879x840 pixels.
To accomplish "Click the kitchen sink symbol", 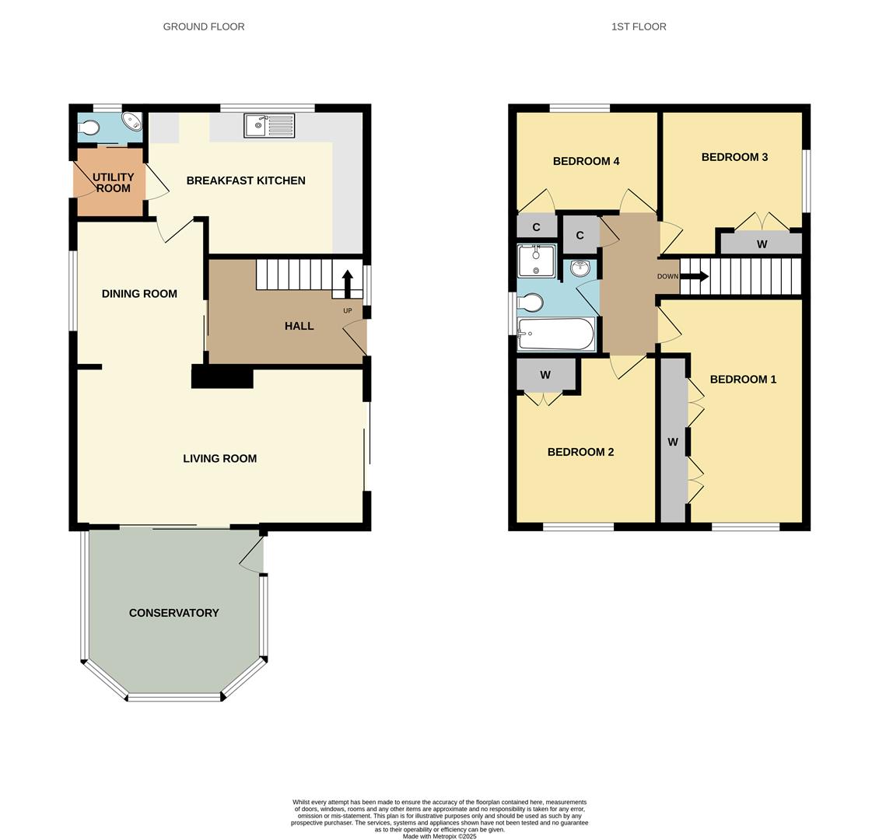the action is click(269, 124).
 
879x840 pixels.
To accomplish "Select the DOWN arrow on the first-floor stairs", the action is click(694, 276).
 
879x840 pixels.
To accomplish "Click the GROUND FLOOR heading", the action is click(204, 26).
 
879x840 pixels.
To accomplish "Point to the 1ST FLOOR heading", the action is click(639, 26).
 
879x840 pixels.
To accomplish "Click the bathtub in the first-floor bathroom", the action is click(556, 334).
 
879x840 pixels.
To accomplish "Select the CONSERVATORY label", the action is click(173, 613).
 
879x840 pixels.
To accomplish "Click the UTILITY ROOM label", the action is click(114, 183).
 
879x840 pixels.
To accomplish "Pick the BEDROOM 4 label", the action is click(586, 161).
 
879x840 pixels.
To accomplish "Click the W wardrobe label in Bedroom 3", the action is click(762, 244).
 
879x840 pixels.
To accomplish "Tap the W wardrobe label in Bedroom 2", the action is click(545, 375).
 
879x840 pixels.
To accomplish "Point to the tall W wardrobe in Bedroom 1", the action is click(673, 442).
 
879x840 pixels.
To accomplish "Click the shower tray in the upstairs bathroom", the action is click(537, 261).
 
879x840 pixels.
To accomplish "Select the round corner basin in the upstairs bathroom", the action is click(580, 269).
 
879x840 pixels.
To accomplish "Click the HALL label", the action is click(299, 326).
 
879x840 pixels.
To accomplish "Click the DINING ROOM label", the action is click(139, 293).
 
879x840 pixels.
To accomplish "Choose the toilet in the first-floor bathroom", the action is click(531, 302).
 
